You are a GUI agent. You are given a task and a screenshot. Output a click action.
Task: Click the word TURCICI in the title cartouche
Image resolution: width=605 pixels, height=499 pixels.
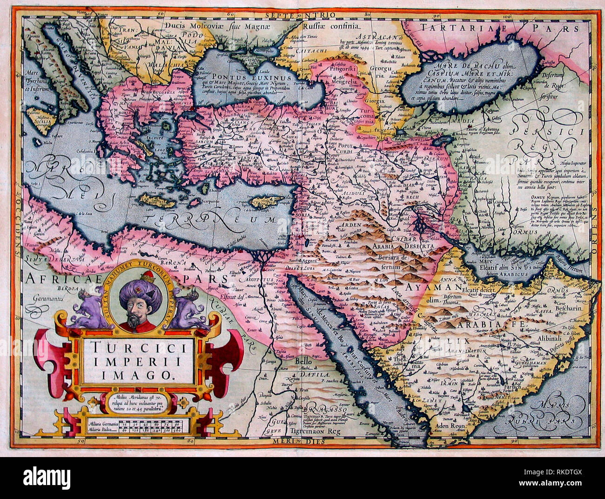[138, 347]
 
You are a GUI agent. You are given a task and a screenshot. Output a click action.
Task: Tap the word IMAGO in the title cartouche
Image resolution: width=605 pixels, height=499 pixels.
[138, 374]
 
